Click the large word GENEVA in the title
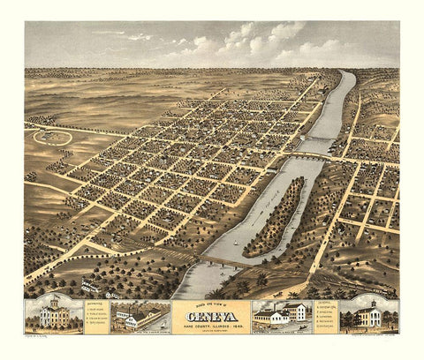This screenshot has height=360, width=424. coord(212,313)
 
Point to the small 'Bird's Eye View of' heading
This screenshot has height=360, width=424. coord(212,303)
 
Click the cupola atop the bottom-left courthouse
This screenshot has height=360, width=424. coord(51,300)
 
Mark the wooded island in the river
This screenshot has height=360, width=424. coord(274,216)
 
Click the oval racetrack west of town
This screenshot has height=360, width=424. coord(52,137)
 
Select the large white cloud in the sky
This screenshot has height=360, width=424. coord(256,40)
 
